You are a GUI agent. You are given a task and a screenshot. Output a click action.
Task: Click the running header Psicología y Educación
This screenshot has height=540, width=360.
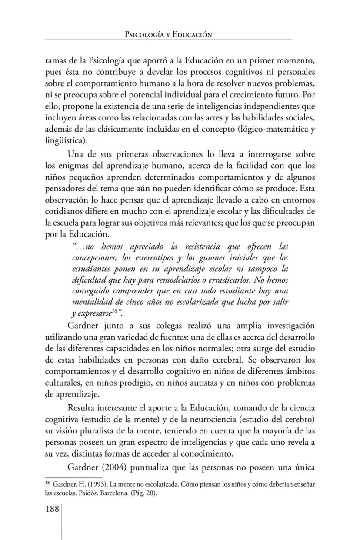[168, 34]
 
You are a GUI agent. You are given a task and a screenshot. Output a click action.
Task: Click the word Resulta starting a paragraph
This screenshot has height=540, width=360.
[82, 408]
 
